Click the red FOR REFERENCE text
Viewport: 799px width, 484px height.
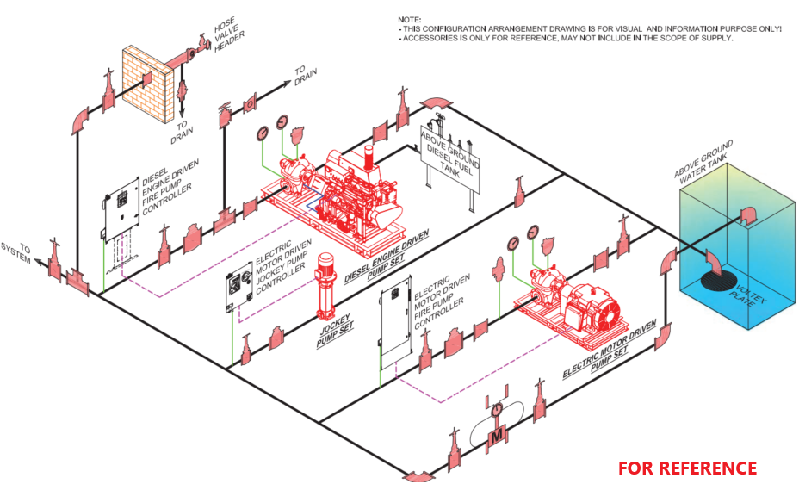tap(687, 468)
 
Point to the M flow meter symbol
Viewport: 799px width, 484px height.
tap(496, 437)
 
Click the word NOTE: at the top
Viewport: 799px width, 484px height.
tap(410, 18)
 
